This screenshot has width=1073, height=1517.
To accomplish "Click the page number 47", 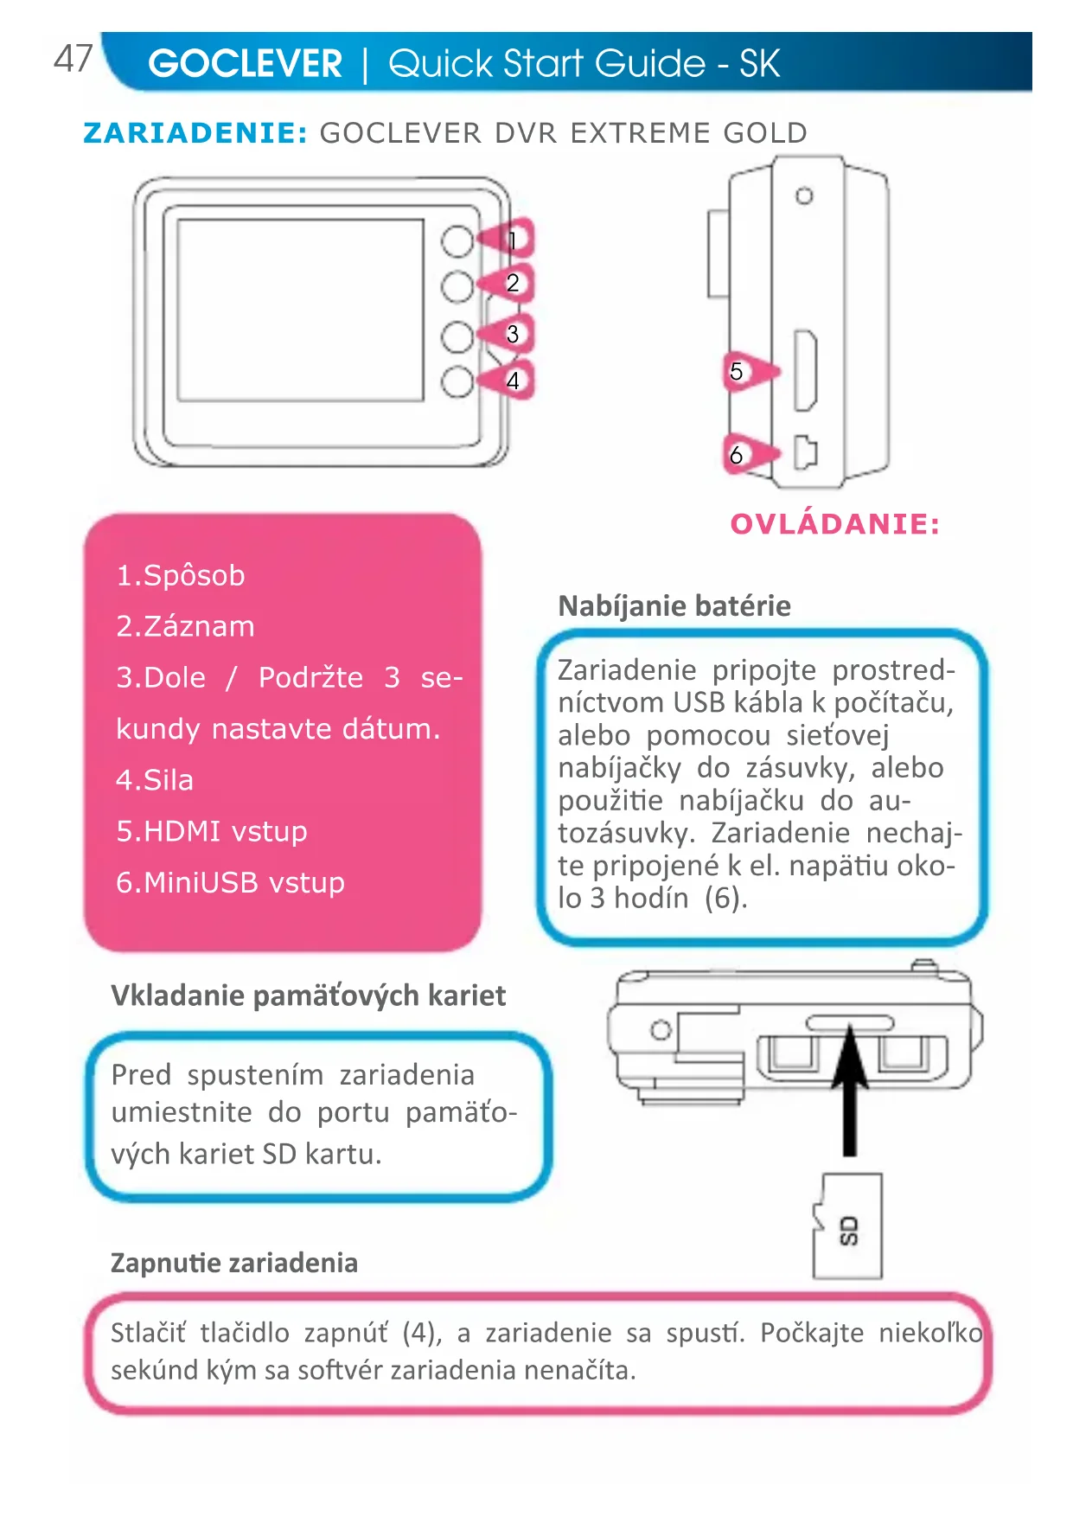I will tap(73, 59).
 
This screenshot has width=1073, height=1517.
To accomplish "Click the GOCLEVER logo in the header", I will tap(246, 64).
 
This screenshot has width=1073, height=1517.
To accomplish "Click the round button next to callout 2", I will tap(457, 286).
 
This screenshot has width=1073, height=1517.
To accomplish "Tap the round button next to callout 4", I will tap(457, 381).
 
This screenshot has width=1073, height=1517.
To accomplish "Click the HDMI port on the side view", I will tap(805, 370).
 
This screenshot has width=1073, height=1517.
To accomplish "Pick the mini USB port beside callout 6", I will tap(805, 452).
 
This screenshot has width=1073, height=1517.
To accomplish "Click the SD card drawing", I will tap(847, 1226).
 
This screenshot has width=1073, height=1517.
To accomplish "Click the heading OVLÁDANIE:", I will tap(834, 524).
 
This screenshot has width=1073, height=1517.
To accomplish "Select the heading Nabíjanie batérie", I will tap(674, 606).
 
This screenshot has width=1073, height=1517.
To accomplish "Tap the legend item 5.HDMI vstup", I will tap(212, 831).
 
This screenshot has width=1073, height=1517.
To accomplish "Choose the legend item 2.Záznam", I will tap(186, 626).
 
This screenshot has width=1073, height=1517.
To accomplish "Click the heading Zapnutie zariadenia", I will tap(234, 1263).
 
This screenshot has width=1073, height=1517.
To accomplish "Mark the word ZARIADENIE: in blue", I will tap(195, 133).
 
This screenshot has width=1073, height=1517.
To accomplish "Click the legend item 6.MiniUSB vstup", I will tap(231, 882).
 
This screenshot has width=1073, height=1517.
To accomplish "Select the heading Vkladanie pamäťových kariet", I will tap(309, 995).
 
